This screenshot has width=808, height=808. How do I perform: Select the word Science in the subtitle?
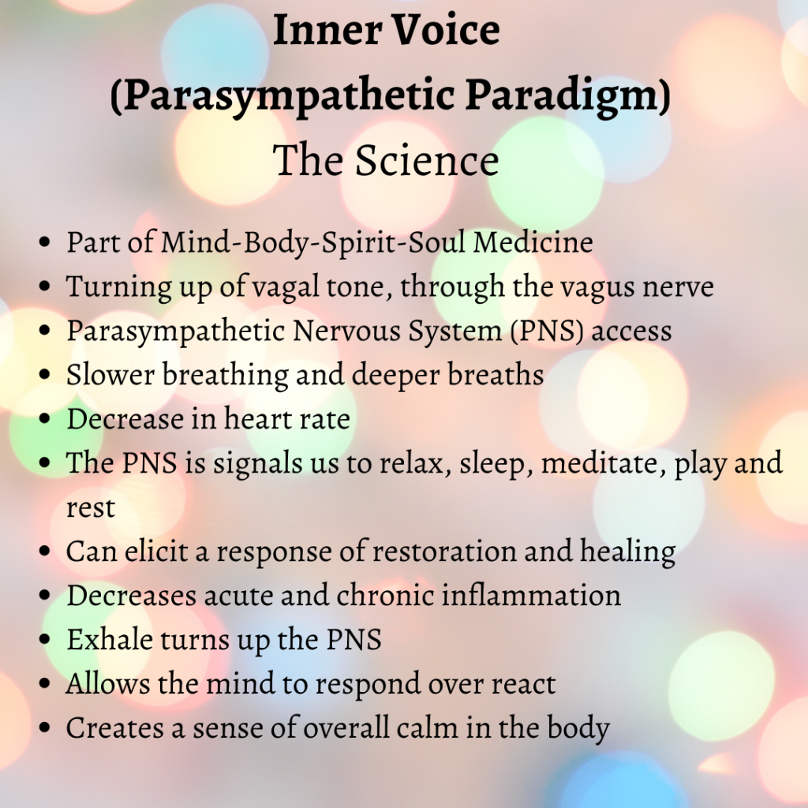click(x=427, y=160)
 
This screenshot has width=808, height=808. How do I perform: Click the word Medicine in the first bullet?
click(x=533, y=241)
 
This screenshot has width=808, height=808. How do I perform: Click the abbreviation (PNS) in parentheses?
click(x=548, y=331)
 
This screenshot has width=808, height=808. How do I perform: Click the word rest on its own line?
click(x=91, y=507)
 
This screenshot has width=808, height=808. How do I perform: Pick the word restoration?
click(x=444, y=551)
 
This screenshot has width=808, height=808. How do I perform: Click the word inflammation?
click(x=531, y=595)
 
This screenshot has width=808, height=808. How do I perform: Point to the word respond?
click(x=368, y=685)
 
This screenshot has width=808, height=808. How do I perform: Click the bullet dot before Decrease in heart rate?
click(x=45, y=418)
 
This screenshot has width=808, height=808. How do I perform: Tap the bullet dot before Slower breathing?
click(x=45, y=374)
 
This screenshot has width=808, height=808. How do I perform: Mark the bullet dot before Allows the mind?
click(x=45, y=684)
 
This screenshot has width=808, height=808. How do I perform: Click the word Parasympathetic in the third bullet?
click(x=176, y=331)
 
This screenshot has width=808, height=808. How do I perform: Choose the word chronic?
click(x=385, y=595)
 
